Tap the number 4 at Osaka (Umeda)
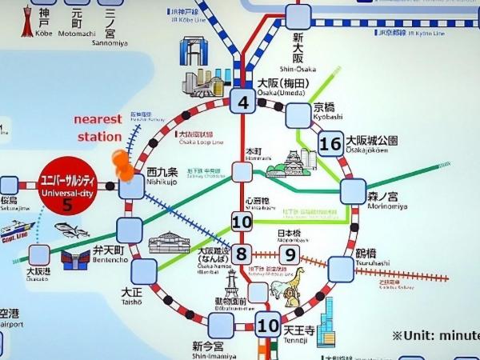[x=242, y=102]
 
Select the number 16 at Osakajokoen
[x=330, y=144]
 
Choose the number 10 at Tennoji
[x=267, y=325]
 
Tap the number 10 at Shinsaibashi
[x=242, y=222]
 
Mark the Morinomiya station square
[x=353, y=191]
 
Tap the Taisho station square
[x=144, y=271]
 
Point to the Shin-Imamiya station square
[x=221, y=326]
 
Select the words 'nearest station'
[x=98, y=128]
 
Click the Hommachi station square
[x=242, y=170]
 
